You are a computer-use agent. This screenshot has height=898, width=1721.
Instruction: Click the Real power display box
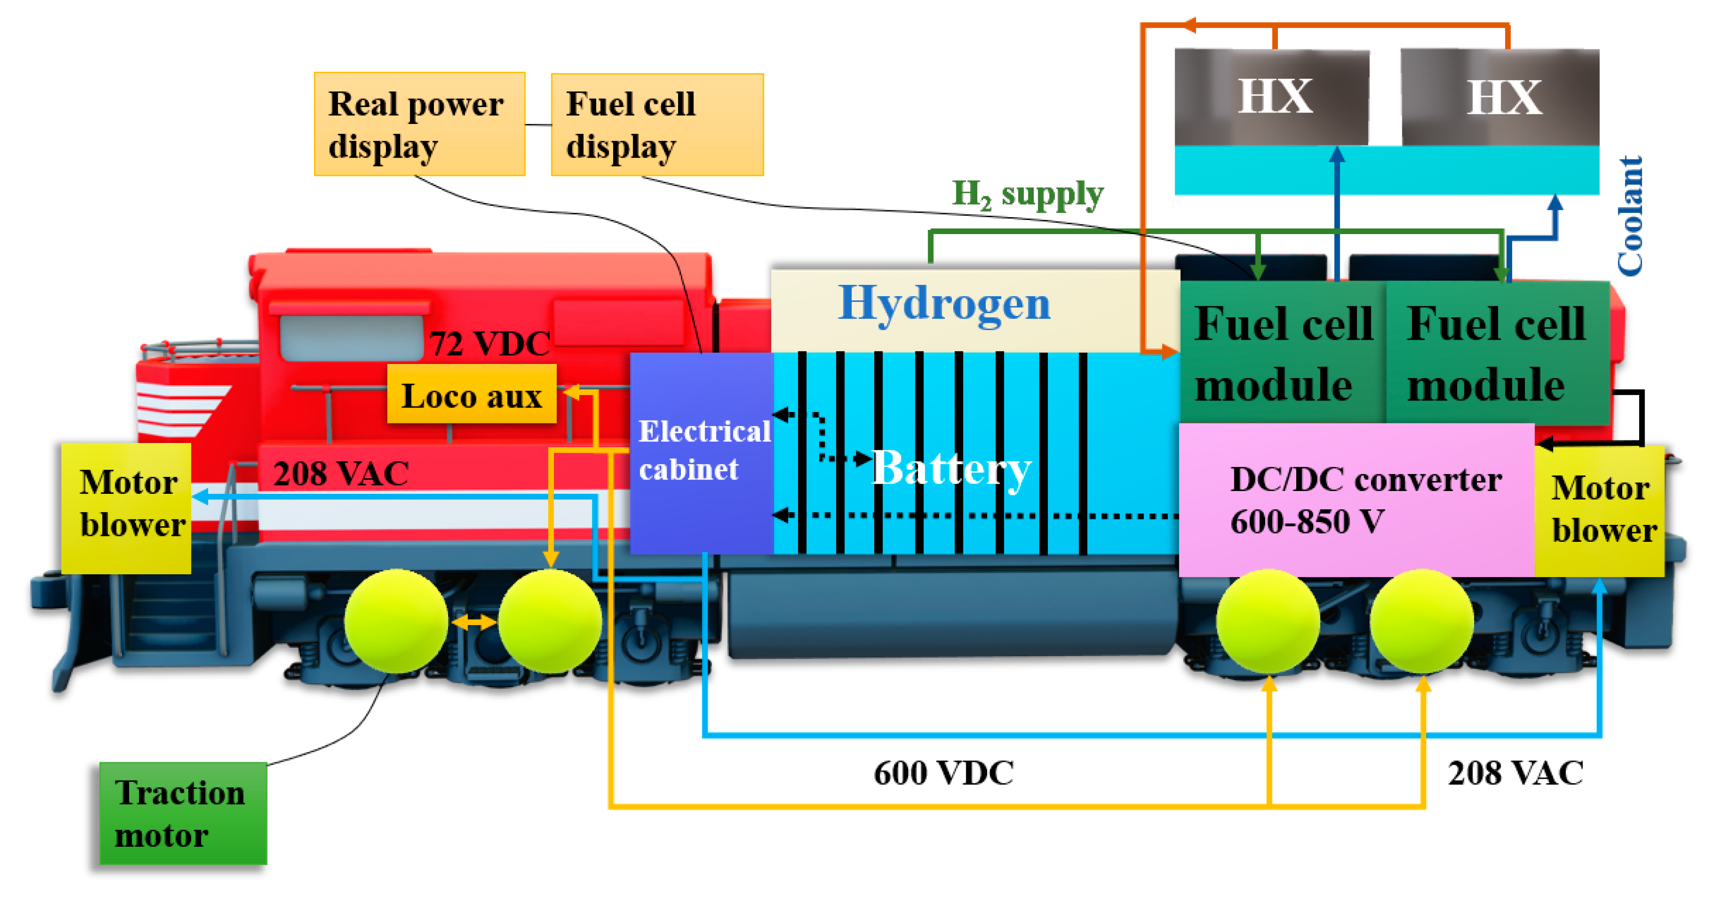point(419,124)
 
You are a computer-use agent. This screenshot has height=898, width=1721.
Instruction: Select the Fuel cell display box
point(657,125)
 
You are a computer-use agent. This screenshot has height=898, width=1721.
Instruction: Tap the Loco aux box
point(471,395)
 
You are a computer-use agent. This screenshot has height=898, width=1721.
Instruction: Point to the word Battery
point(951,468)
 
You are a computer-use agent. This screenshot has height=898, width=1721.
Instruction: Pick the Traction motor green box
point(183,813)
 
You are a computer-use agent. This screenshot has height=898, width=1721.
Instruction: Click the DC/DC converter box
point(1356,500)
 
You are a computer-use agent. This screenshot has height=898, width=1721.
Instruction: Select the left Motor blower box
point(126,508)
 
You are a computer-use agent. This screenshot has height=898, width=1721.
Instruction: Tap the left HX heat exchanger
point(1272,97)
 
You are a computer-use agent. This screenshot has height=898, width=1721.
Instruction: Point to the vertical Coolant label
point(1630,215)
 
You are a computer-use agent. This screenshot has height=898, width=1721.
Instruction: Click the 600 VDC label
point(943,773)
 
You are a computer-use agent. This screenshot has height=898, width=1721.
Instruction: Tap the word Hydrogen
point(944,304)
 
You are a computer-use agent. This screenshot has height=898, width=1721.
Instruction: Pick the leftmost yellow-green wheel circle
point(396,621)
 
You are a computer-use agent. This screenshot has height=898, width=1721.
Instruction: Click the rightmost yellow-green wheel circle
point(1422,621)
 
